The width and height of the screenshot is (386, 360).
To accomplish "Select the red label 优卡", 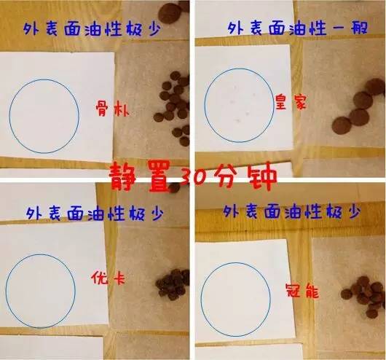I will point(102,278).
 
